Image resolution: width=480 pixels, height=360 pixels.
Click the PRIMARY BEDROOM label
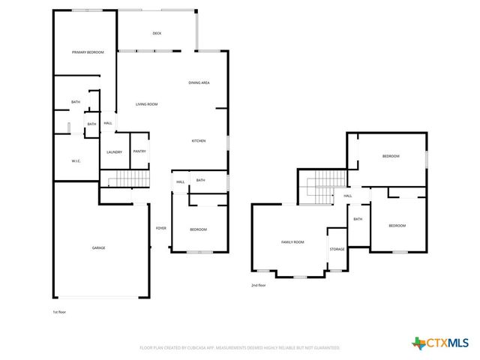[88, 52]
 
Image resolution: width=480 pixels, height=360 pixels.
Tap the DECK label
[157, 33]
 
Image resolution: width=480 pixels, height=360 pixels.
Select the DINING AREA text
[199, 82]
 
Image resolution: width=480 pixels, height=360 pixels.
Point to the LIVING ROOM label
[146, 104]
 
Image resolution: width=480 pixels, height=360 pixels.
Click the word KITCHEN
[199, 141]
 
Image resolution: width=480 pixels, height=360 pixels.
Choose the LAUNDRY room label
[114, 152]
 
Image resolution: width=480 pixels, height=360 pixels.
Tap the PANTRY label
[139, 151]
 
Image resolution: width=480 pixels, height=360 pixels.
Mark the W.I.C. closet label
[76, 160]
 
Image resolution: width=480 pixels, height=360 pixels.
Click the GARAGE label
[98, 247]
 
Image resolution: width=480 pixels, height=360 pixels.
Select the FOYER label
[160, 228]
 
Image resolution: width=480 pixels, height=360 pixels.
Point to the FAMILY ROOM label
[292, 242]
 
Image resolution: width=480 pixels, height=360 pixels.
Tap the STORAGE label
[337, 249]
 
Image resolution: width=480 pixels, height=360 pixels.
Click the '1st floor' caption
[59, 311]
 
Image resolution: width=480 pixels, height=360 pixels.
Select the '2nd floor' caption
[259, 285]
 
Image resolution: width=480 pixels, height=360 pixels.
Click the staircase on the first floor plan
[124, 178]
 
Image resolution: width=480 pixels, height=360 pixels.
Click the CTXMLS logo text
[448, 343]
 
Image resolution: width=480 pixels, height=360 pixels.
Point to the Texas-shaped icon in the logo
[418, 343]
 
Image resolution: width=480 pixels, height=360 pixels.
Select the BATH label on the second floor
[358, 219]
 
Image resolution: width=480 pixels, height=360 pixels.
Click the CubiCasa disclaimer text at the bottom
[240, 348]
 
